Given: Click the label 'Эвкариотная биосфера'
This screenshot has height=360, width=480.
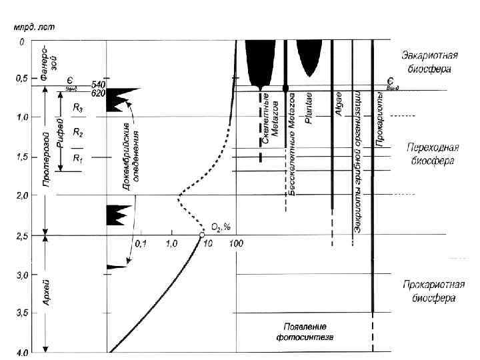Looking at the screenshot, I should pos(429,63).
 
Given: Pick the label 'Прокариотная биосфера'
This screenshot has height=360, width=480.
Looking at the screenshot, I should pos(429,291).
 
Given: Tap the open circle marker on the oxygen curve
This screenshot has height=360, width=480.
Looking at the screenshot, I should pos(202,235).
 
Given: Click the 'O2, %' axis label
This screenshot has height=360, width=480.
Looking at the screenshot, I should pos(221,227).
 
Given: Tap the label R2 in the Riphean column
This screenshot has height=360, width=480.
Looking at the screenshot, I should pos(78,133).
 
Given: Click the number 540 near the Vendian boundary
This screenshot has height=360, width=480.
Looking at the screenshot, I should pos(98,85).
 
